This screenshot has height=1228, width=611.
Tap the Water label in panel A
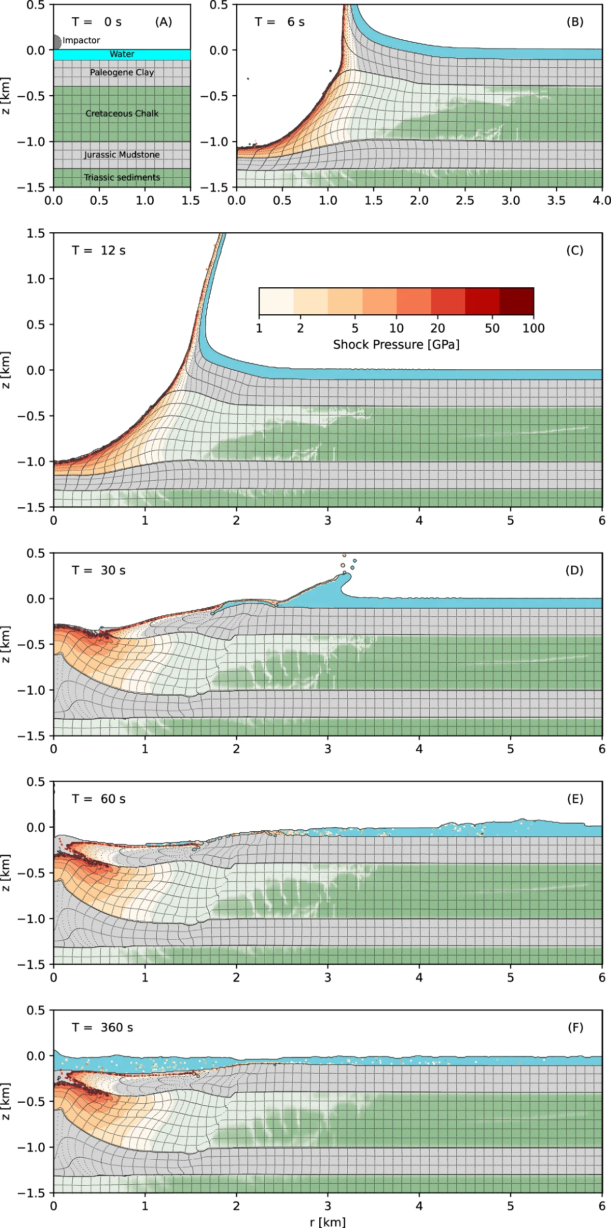tap(122, 54)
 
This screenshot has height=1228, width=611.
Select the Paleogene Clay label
tap(122, 72)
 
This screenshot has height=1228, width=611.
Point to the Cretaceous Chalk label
tap(122, 114)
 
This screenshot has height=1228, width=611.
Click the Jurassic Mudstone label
tap(122, 154)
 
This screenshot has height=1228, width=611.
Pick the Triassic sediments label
tap(122, 177)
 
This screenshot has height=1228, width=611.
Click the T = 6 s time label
tap(280, 22)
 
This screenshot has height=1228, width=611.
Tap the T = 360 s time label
tap(102, 1027)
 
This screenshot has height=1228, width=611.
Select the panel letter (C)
tap(575, 250)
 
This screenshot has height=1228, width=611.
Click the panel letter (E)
tap(575, 799)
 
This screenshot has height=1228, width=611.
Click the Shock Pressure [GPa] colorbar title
tap(396, 345)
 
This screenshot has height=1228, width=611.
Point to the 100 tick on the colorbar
tap(533, 329)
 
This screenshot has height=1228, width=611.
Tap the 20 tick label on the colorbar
tap(438, 329)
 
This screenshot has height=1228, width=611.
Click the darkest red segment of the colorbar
tap(516, 301)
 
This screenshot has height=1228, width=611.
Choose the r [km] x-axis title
tap(327, 1222)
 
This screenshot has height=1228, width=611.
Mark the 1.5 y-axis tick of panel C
tap(36, 233)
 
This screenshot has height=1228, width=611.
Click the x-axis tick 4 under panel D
tap(419, 749)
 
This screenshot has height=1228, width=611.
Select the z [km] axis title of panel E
tap(6, 872)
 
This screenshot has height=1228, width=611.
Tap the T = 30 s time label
tap(98, 570)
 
